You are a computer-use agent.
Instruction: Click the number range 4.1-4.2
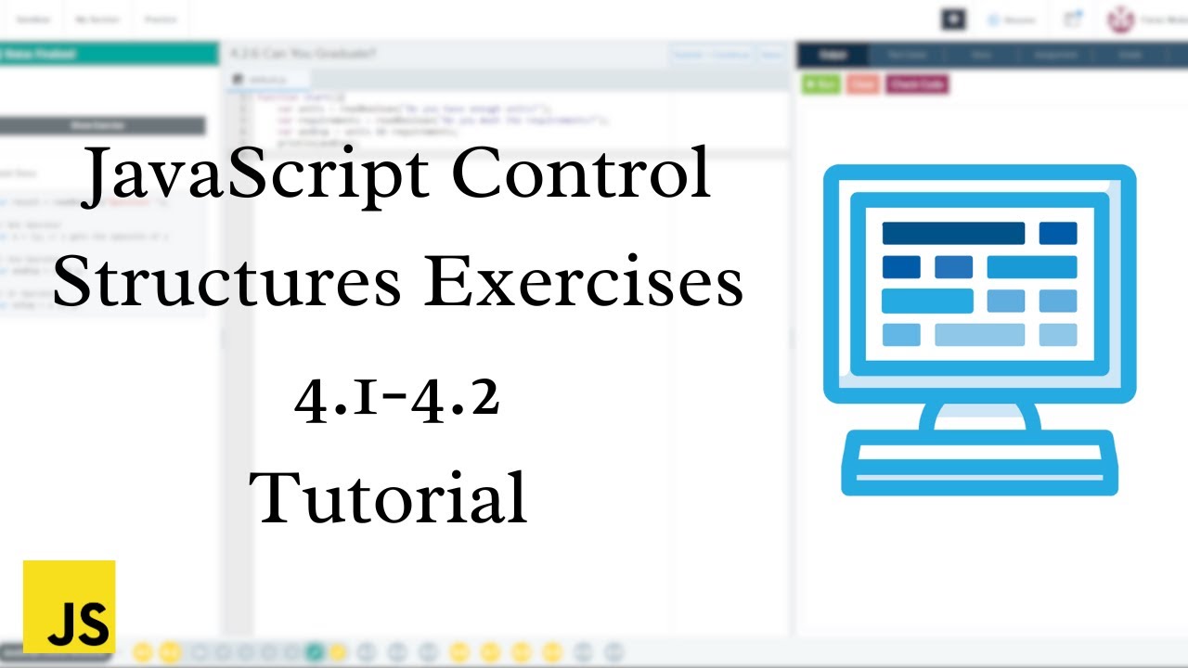click(x=397, y=398)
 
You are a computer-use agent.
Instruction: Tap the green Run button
click(x=820, y=83)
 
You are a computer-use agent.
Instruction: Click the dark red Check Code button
click(x=916, y=83)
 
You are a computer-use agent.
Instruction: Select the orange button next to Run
click(x=862, y=83)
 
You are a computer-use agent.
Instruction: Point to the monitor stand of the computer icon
click(x=979, y=416)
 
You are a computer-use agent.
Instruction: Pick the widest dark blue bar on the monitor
click(x=953, y=233)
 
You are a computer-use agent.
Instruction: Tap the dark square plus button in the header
click(x=953, y=19)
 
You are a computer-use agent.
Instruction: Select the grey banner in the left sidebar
click(x=102, y=125)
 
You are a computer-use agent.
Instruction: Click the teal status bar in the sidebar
click(x=102, y=54)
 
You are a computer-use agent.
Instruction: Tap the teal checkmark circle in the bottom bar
click(x=315, y=652)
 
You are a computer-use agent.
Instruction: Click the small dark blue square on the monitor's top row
click(x=1058, y=233)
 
